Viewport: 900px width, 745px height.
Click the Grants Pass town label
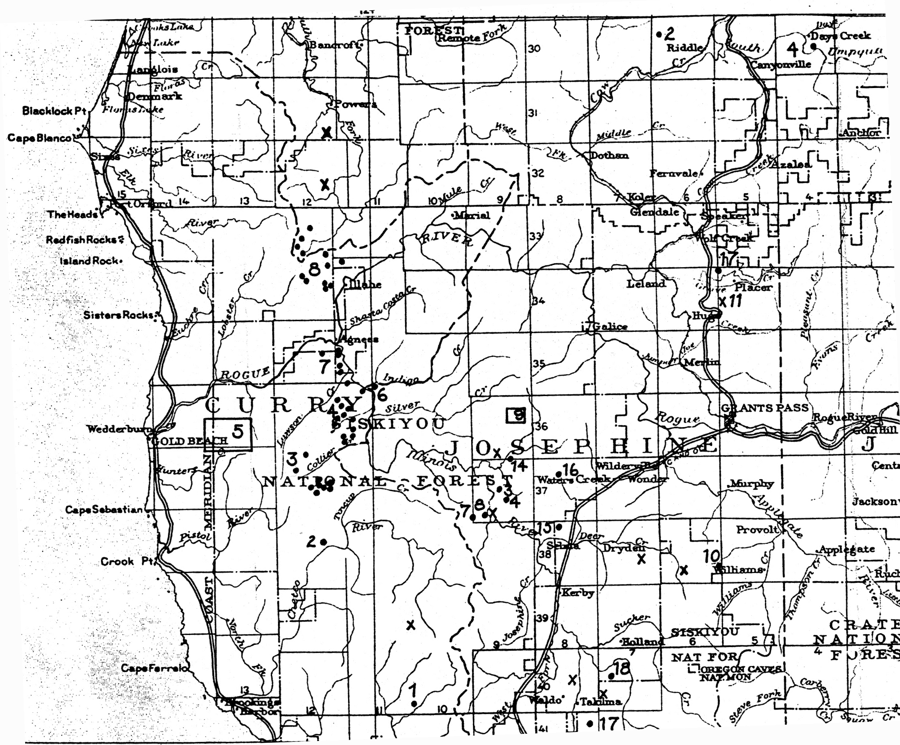(764, 408)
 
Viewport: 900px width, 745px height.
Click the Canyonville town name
(781, 65)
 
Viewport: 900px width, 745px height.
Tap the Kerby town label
(578, 593)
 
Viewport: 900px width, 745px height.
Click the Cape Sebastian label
(104, 510)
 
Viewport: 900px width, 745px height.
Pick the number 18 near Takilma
(622, 669)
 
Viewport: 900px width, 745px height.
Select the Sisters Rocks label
(119, 315)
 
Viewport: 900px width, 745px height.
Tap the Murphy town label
(751, 484)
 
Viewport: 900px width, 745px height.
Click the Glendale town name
(654, 212)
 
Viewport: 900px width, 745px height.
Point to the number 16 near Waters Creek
(570, 470)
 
